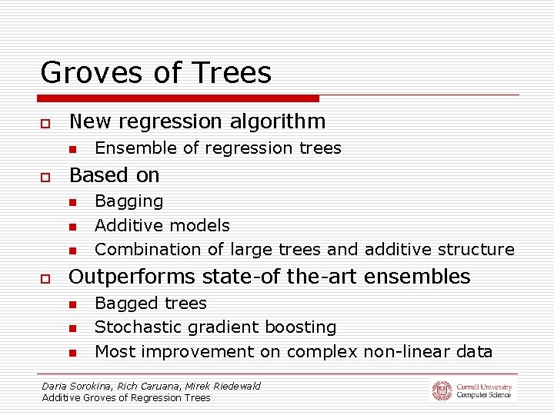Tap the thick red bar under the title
tap(179, 98)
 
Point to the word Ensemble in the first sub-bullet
tap(128, 148)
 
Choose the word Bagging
tap(128, 201)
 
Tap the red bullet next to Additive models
tap(72, 227)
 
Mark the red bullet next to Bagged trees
tap(72, 304)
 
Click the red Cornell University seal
tap(442, 390)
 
